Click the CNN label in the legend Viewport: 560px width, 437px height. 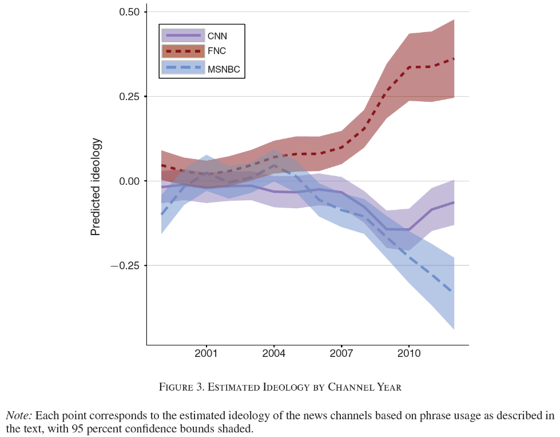(x=217, y=36)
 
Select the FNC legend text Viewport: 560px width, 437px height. (x=217, y=51)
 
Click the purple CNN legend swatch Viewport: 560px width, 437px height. (x=183, y=35)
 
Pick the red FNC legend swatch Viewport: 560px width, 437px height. (x=183, y=51)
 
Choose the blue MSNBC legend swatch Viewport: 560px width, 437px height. (x=183, y=67)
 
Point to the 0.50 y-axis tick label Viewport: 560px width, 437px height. (x=129, y=12)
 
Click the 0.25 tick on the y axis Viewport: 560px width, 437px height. (x=129, y=97)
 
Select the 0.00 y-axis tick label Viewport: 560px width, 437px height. (x=129, y=181)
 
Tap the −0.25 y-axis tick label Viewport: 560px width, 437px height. (x=126, y=266)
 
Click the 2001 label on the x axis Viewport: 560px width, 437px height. (x=205, y=353)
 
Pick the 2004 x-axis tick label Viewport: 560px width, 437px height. (x=273, y=353)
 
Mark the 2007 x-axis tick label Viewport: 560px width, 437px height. (x=341, y=353)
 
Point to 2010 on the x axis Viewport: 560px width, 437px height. (x=408, y=353)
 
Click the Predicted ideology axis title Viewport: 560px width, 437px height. (x=96, y=186)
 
